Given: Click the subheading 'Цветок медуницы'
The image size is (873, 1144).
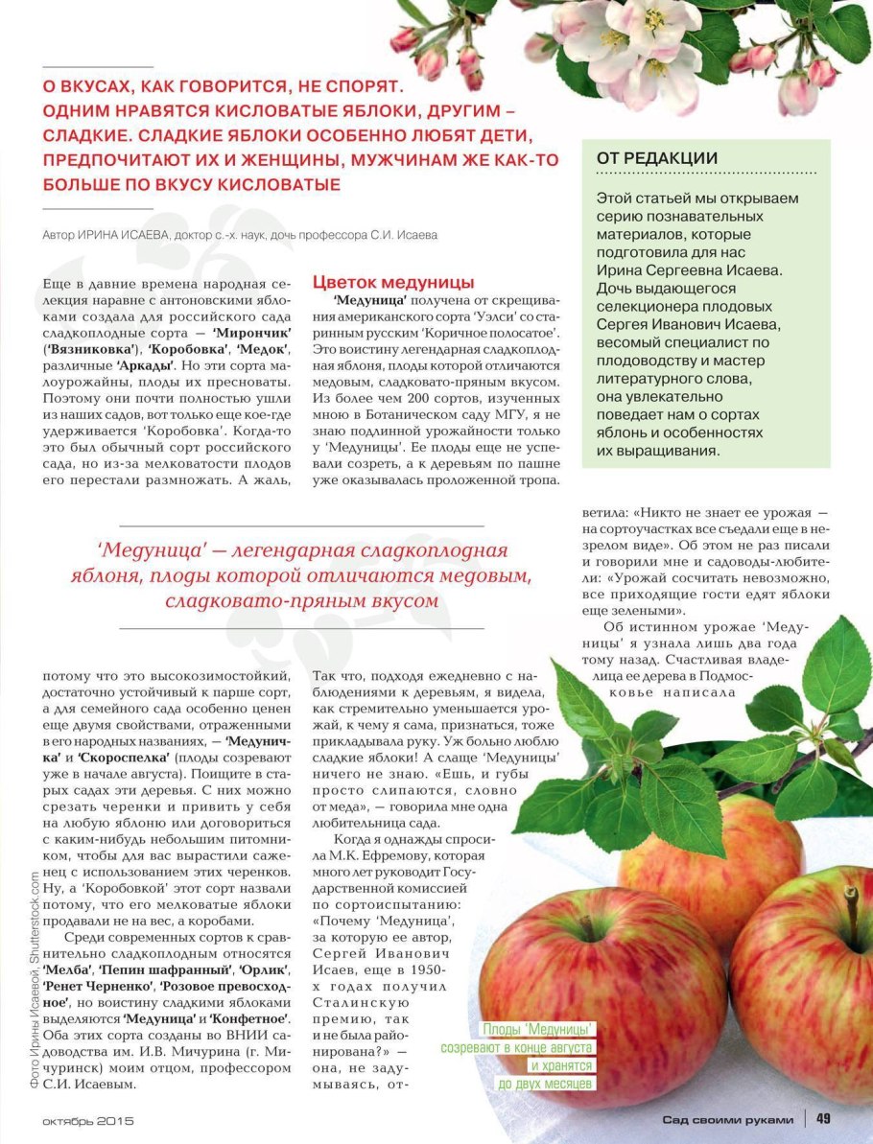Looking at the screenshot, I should click(393, 283).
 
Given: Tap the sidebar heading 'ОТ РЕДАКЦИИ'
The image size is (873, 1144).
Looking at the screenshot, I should click(657, 158).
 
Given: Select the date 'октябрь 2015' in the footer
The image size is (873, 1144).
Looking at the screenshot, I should click(88, 1120).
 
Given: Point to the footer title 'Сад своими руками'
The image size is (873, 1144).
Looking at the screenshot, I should click(728, 1119).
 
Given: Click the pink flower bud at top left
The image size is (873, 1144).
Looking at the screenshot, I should click(406, 38).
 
